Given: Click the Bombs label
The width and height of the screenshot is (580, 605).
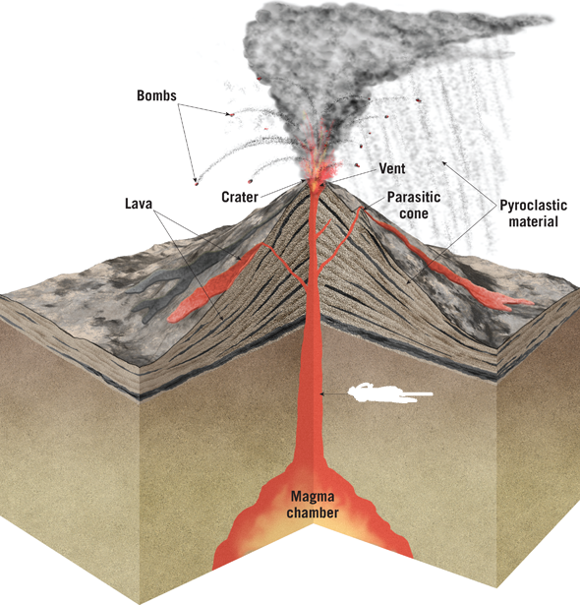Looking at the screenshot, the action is point(156,95).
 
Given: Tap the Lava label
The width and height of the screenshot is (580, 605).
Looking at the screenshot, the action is point(139,204).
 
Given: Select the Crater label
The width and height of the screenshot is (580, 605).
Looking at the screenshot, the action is point(240,197).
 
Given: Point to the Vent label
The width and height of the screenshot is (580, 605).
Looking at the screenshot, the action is point(392,168).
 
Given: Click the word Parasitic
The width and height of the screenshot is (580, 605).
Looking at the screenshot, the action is point(414,197).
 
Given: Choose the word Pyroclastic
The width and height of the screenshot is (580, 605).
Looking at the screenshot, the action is point(534,205).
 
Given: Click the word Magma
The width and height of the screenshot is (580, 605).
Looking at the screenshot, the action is point(313,496).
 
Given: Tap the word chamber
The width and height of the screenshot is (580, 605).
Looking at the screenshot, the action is point(313,513).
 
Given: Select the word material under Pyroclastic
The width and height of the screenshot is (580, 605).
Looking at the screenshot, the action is point(534,221).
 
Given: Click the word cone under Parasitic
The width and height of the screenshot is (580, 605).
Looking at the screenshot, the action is point(414,213).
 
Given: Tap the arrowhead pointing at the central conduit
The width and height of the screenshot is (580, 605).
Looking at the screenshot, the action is point(322,393).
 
